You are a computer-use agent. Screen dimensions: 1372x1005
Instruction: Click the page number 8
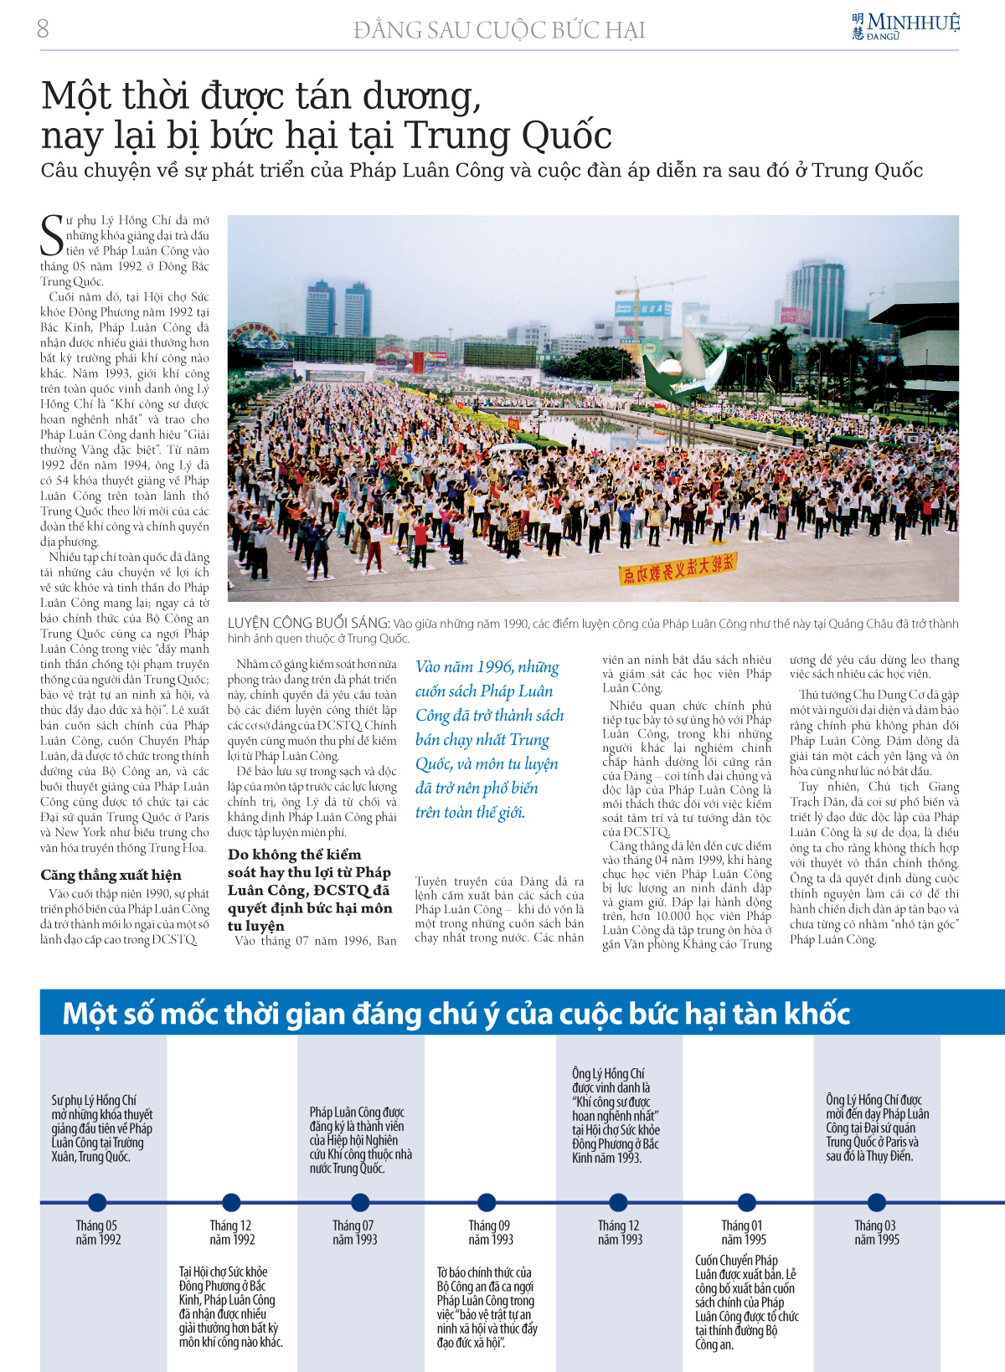(43, 29)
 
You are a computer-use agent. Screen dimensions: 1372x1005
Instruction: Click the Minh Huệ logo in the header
(905, 26)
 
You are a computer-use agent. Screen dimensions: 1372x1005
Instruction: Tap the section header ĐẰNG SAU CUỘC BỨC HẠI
(499, 31)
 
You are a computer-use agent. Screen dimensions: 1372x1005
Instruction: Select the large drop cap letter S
(52, 235)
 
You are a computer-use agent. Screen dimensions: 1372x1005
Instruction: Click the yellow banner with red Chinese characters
(676, 569)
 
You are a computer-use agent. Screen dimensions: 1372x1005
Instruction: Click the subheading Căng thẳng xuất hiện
(111, 875)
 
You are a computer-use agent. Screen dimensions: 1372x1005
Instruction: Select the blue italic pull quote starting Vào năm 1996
(489, 739)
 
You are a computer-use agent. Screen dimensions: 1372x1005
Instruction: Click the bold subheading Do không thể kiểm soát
(309, 889)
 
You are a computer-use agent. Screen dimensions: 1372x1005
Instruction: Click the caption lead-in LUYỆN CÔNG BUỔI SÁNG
(308, 623)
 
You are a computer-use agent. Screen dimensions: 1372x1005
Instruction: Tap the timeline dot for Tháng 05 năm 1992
(97, 1203)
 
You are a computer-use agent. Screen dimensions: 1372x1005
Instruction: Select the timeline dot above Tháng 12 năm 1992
(231, 1203)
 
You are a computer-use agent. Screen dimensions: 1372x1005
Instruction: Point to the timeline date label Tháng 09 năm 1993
(490, 1232)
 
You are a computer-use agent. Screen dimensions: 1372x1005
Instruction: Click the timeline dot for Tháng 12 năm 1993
(619, 1203)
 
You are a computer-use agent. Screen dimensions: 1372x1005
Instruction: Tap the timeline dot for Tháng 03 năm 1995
(876, 1203)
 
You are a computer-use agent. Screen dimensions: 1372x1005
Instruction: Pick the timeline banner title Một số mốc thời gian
(456, 1014)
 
